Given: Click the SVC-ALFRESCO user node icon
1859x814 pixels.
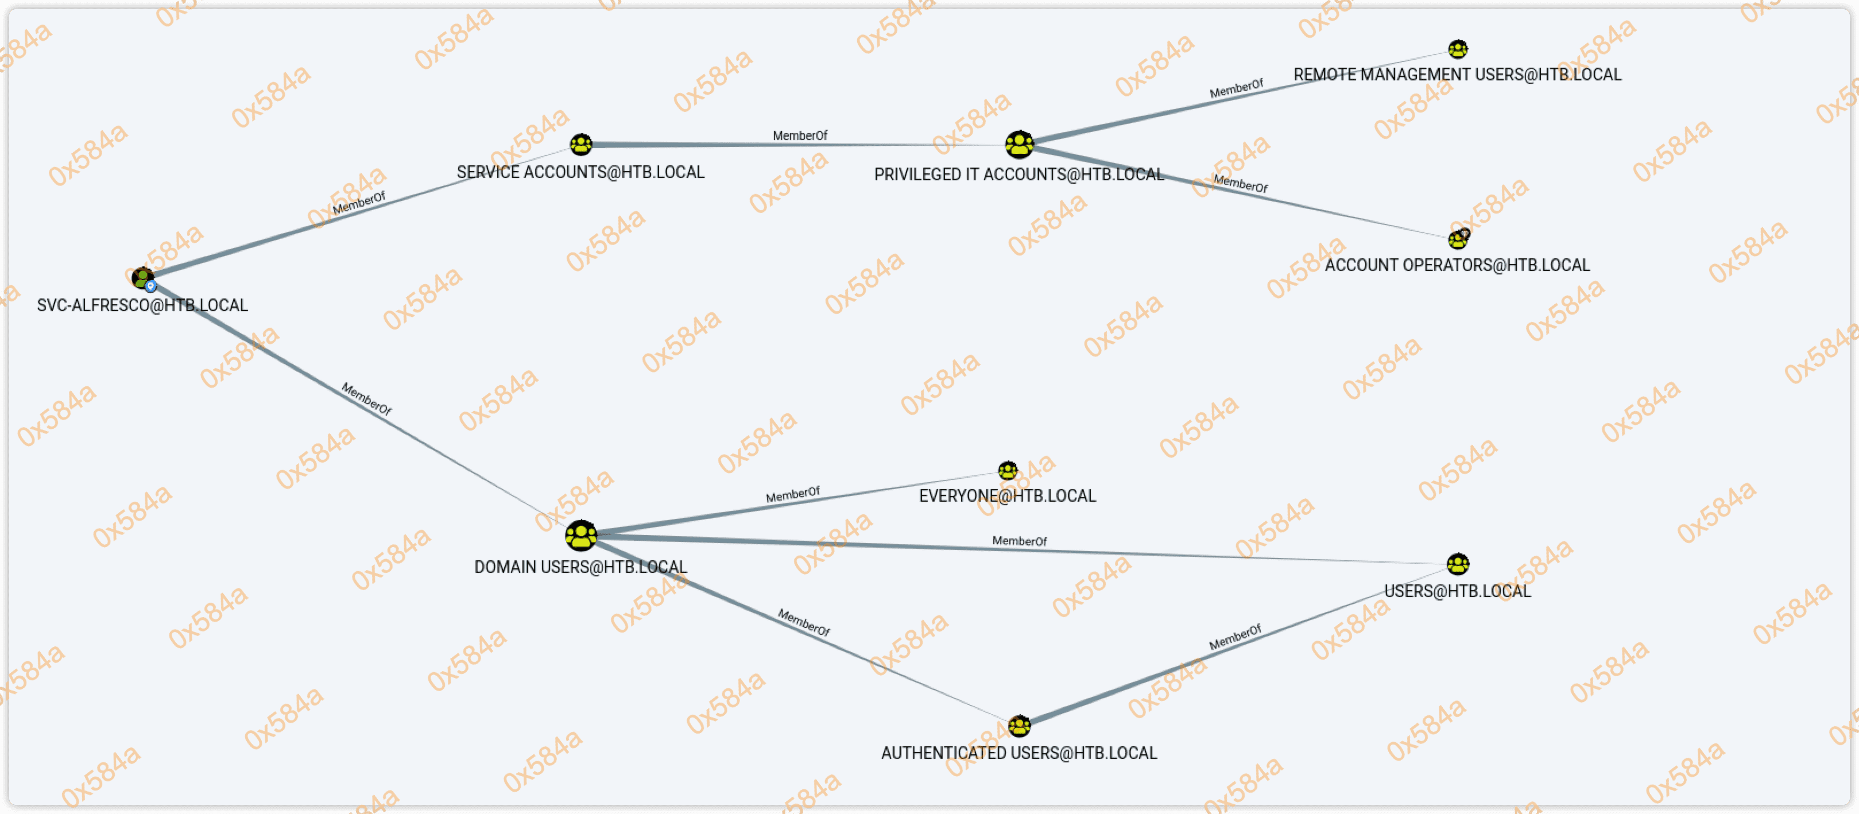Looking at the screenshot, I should click(143, 277).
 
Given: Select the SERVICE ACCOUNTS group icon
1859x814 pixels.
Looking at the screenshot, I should click(581, 144).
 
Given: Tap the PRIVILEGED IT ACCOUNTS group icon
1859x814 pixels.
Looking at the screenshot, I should click(1019, 144).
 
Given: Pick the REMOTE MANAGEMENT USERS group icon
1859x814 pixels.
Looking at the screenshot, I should click(1458, 49).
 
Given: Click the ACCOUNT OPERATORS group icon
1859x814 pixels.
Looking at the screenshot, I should click(1458, 239).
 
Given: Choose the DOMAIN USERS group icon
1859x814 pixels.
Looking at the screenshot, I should click(581, 536).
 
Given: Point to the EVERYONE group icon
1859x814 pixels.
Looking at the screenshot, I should click(1008, 471).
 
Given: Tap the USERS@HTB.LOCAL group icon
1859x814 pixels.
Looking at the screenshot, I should click(1458, 564).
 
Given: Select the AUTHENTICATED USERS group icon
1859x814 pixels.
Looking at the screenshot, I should click(1019, 725).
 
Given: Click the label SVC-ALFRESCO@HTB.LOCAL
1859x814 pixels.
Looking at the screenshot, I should click(142, 305).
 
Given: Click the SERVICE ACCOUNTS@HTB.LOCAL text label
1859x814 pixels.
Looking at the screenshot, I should click(580, 172).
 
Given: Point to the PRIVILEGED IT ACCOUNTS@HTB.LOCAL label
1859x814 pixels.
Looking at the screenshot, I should click(1019, 175).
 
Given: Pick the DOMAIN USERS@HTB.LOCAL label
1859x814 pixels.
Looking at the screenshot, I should click(580, 567).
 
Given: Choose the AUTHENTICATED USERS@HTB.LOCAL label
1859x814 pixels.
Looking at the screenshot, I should click(1019, 753).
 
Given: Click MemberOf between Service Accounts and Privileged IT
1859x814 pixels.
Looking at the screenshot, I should click(800, 135).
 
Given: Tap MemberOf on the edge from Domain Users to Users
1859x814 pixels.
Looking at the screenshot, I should click(1019, 541).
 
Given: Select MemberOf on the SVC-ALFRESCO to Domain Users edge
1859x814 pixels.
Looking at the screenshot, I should click(367, 399).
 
